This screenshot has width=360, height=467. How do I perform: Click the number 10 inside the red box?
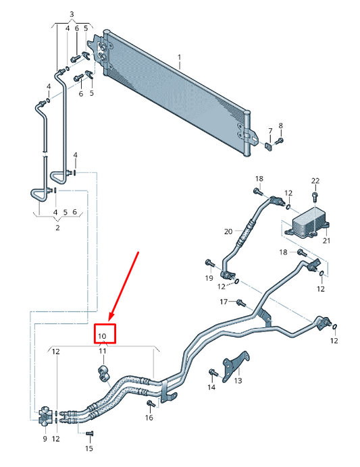point(102,335)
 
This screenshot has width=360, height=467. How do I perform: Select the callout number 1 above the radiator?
point(180,57)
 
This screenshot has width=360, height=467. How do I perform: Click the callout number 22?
point(315,180)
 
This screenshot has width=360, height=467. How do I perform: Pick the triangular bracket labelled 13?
point(237,364)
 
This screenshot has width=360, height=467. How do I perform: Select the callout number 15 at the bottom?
point(89,448)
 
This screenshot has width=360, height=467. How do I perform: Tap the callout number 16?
point(149,418)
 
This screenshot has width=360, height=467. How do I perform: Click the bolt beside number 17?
point(240,301)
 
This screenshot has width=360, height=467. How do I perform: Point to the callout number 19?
point(209,278)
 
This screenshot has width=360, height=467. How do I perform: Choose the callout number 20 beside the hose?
point(228,231)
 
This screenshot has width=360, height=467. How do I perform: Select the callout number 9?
point(45,439)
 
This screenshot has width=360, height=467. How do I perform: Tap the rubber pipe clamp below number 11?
point(104,373)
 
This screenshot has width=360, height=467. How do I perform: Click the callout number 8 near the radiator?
point(281,126)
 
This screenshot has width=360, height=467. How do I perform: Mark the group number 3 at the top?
point(72,14)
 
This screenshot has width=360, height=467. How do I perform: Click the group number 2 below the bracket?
point(57,227)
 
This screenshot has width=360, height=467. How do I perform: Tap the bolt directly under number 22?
point(315,196)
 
